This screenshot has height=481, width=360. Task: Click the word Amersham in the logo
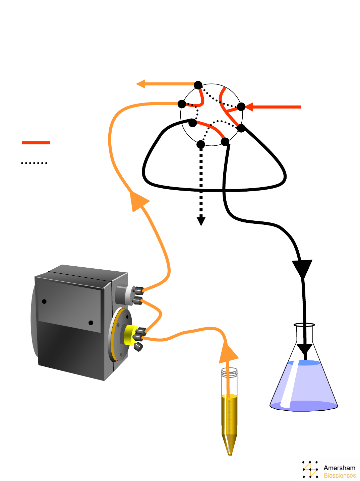click(x=339, y=468)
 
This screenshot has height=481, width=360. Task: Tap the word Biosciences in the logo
click(x=340, y=476)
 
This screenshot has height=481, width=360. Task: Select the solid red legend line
click(x=36, y=143)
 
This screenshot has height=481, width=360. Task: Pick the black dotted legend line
click(x=34, y=163)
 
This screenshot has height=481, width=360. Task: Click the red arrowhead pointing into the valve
click(x=249, y=107)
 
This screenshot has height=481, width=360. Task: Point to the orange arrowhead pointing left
click(x=141, y=84)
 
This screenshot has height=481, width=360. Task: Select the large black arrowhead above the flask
click(x=303, y=268)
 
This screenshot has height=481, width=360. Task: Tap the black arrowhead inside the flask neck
click(x=305, y=350)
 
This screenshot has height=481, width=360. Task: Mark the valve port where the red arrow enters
click(x=241, y=107)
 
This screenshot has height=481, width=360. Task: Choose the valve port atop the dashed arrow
click(x=200, y=144)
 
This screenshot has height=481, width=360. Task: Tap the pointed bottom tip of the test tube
click(x=230, y=454)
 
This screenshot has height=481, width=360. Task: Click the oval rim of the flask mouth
click(x=304, y=325)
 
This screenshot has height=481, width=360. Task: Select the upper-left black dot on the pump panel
click(x=44, y=301)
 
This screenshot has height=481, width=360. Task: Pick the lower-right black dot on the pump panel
click(x=91, y=323)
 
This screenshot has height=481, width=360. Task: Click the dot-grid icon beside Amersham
click(x=310, y=469)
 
